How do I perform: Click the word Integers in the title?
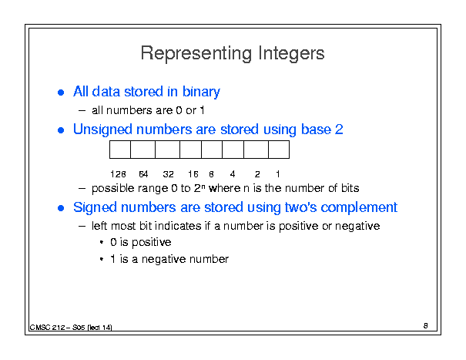click(x=291, y=53)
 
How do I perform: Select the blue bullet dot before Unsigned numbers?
click(x=61, y=130)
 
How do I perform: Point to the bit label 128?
click(x=118, y=174)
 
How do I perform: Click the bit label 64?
click(x=143, y=174)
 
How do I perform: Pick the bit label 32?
click(x=168, y=174)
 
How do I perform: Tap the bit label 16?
click(x=193, y=174)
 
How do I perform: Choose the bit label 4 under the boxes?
click(x=233, y=174)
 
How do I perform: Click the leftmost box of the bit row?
click(x=120, y=150)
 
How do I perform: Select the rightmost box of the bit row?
click(x=279, y=150)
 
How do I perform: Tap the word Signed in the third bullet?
click(x=95, y=208)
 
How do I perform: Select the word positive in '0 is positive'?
click(x=152, y=243)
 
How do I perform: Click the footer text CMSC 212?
click(x=47, y=328)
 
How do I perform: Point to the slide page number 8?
click(x=426, y=326)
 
